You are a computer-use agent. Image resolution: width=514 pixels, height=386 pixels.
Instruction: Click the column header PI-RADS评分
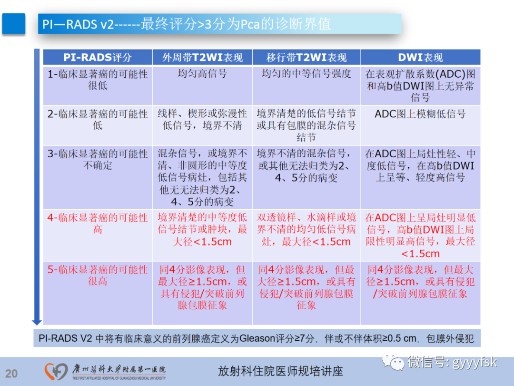[x=98, y=58]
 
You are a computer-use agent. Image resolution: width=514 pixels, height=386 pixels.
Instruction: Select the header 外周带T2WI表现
[x=202, y=58]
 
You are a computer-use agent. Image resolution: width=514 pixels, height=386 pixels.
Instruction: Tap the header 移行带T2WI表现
[x=306, y=58]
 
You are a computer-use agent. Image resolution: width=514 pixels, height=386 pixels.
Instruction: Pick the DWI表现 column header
[x=420, y=58]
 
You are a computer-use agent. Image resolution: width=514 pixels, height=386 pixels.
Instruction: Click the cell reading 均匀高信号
[x=202, y=74]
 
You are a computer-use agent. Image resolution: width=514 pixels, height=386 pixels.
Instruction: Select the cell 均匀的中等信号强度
[x=306, y=74]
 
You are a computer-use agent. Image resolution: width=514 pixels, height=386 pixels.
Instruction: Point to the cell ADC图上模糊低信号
[x=420, y=114]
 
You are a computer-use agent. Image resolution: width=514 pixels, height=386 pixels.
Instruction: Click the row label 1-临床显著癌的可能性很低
[x=98, y=80]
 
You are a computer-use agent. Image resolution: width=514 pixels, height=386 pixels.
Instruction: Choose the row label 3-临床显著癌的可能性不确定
[x=98, y=160]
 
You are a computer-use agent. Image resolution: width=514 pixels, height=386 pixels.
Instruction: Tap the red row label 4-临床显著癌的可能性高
[x=98, y=223]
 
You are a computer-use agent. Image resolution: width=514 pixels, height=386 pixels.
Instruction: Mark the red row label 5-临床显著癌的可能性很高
[x=98, y=275]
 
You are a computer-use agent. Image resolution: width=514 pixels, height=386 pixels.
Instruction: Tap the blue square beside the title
[x=14, y=24]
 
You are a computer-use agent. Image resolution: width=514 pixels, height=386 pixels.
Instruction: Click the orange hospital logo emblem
[x=56, y=371]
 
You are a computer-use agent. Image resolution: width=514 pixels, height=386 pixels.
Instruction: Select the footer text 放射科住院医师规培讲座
[x=280, y=371]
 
